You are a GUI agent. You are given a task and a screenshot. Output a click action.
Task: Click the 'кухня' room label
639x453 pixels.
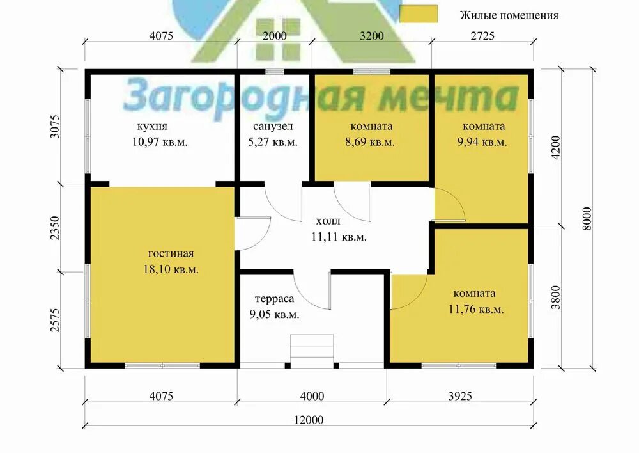click(152, 127)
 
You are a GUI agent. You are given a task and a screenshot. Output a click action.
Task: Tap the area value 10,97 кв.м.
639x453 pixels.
click(160, 142)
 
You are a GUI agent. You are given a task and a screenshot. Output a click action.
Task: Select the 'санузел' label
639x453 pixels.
click(273, 127)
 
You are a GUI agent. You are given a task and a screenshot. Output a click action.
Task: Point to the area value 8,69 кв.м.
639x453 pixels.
click(369, 143)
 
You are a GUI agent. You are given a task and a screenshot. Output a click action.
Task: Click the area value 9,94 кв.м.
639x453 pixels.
click(482, 143)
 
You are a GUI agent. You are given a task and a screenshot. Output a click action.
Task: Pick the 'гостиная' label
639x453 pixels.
click(171, 254)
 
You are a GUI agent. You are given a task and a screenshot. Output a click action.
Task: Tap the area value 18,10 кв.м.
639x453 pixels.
click(171, 269)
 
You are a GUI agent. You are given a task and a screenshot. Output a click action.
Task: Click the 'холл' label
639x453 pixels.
click(328, 221)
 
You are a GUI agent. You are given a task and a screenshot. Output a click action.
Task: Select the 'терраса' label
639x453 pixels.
click(274, 299)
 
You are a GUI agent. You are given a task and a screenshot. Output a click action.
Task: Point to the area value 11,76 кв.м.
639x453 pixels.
click(476, 309)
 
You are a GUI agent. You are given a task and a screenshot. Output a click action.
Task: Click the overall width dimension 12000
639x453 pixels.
click(309, 420)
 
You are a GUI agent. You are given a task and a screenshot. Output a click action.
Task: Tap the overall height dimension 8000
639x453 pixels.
click(587, 219)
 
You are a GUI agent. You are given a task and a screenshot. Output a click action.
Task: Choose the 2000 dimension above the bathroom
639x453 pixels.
click(274, 36)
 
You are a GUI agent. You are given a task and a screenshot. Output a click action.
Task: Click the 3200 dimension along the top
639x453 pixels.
click(372, 36)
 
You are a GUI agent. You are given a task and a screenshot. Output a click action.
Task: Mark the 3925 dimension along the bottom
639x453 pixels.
click(460, 396)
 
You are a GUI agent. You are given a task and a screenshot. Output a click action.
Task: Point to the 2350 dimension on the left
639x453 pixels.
click(55, 228)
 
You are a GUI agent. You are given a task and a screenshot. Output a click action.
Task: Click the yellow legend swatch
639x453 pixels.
click(419, 14)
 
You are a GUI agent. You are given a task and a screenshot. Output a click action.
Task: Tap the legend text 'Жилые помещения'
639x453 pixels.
click(509, 15)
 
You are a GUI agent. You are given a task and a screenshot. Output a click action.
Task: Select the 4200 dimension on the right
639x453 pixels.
click(556, 147)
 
